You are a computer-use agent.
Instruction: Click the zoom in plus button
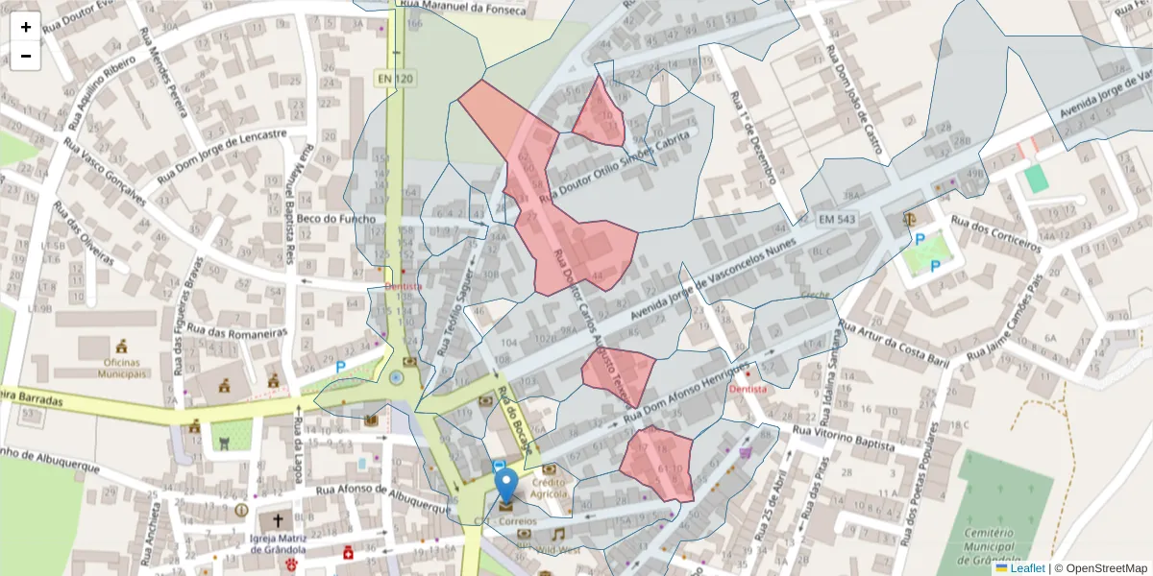click(26, 27)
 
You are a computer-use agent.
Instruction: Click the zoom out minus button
click(26, 56)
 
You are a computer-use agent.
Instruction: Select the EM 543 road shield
click(837, 221)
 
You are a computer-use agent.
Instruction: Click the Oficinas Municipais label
click(121, 368)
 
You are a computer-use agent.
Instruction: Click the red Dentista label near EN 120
click(404, 286)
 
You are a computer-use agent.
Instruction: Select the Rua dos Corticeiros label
click(995, 233)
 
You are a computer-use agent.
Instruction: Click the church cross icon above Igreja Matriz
click(279, 520)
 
